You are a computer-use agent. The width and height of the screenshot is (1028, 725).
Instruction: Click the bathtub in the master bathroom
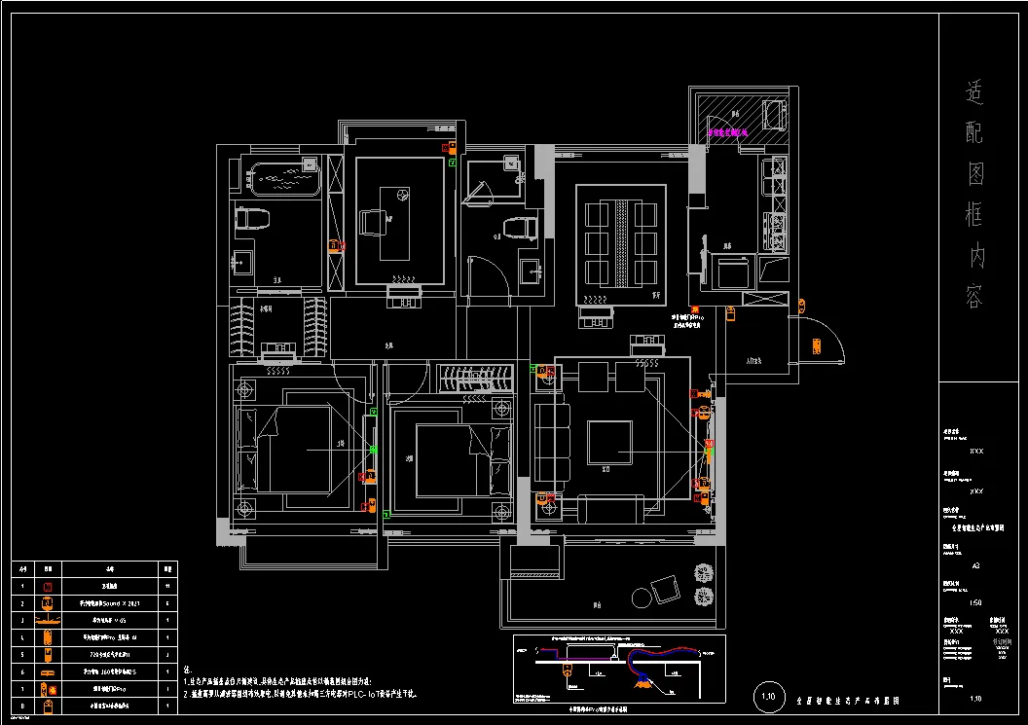tap(284, 180)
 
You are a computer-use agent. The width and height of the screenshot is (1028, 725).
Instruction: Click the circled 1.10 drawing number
tap(768, 696)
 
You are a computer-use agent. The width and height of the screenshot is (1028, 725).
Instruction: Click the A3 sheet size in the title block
tap(976, 563)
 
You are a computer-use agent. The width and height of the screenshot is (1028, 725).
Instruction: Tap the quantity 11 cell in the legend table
tap(168, 587)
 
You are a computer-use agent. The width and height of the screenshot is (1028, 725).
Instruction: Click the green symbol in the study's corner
tap(453, 163)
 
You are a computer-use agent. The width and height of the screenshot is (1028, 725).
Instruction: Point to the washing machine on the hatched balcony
tap(775, 115)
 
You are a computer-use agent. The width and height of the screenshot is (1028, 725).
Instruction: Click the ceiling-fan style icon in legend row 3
tap(47, 620)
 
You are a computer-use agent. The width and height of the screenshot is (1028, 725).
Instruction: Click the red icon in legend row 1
tap(47, 587)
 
